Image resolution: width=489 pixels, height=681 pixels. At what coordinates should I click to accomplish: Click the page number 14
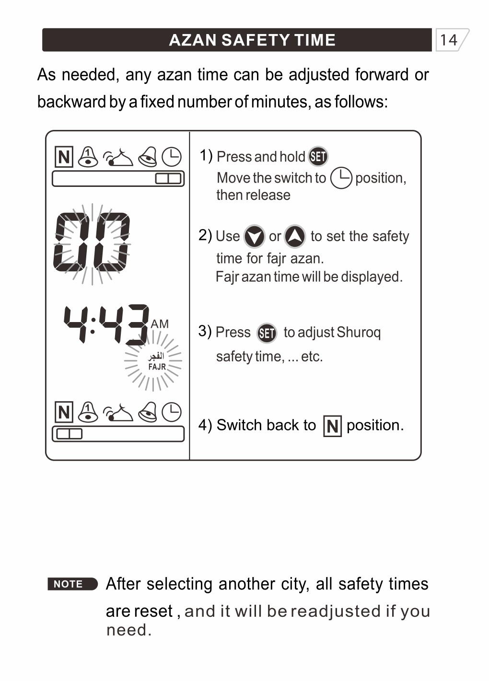click(449, 40)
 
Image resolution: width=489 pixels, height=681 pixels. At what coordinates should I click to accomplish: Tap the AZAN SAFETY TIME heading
click(252, 40)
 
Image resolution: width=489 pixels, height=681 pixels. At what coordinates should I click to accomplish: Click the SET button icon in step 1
click(318, 156)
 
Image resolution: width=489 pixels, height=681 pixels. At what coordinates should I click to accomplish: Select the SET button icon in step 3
click(267, 333)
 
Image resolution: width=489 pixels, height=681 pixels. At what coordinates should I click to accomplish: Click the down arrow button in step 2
click(254, 236)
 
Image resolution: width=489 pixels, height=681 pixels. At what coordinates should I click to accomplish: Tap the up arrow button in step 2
click(295, 236)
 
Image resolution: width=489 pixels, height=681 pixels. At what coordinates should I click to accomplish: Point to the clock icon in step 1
click(341, 178)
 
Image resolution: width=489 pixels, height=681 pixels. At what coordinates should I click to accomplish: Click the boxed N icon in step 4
click(333, 426)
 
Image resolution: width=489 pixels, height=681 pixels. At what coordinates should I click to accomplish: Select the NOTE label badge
click(72, 584)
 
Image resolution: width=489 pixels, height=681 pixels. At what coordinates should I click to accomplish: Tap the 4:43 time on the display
click(106, 324)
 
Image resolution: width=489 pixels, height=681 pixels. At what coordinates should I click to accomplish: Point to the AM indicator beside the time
click(160, 324)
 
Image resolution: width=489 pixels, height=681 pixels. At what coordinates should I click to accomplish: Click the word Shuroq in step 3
click(359, 332)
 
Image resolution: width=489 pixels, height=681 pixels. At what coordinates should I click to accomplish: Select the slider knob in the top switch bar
click(168, 179)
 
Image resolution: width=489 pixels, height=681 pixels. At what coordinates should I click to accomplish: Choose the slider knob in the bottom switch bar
click(70, 434)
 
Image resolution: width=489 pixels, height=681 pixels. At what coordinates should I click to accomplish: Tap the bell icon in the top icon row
click(88, 157)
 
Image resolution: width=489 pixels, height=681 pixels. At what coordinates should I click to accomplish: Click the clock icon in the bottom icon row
click(171, 412)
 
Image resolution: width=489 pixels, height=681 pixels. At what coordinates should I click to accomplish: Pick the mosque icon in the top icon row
click(118, 157)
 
